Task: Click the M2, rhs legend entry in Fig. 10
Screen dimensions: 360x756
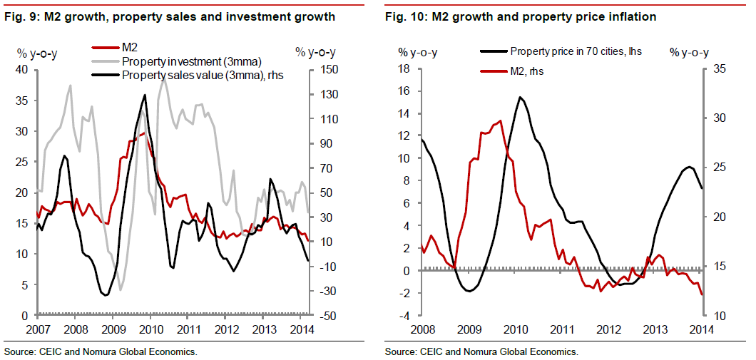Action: pos(523,71)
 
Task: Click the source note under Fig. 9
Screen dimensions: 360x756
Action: pos(100,351)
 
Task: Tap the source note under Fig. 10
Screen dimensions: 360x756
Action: pos(481,351)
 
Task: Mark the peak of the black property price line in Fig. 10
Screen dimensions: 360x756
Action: pos(520,97)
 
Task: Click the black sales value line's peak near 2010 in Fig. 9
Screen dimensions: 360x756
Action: pos(145,95)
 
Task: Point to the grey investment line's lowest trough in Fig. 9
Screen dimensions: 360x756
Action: pos(121,289)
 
